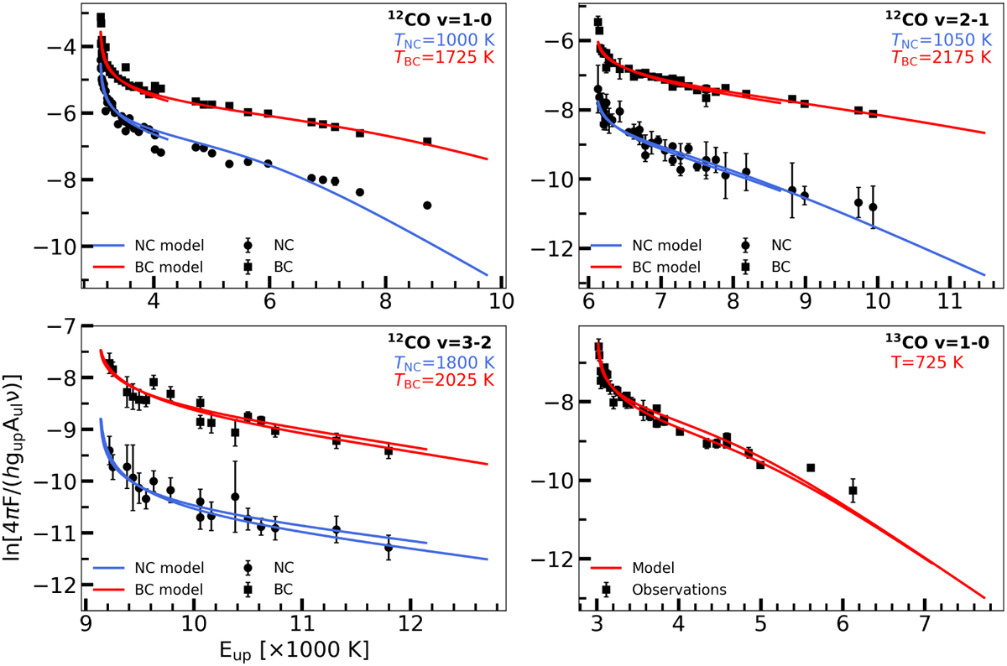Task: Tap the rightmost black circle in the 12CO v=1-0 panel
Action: pyautogui.click(x=427, y=205)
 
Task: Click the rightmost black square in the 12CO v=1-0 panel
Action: pyautogui.click(x=427, y=141)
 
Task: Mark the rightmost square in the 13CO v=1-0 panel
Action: pyautogui.click(x=853, y=491)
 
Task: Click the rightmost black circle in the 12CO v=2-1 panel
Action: pyautogui.click(x=873, y=206)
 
